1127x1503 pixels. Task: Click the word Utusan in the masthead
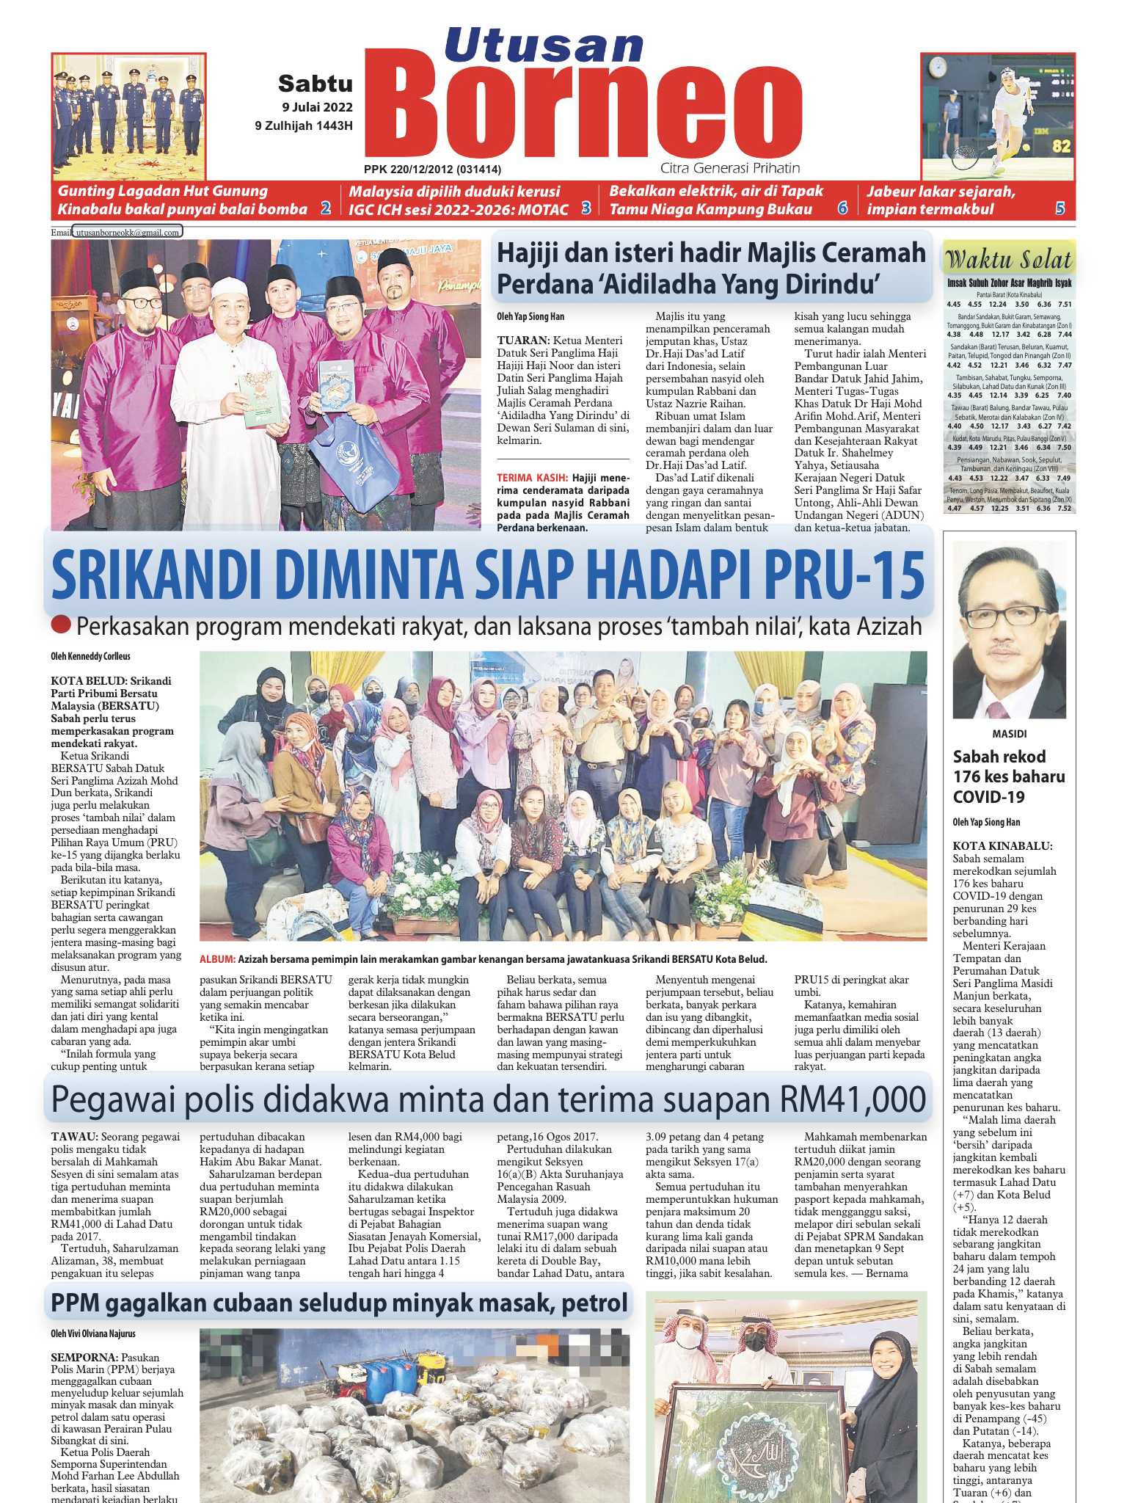click(544, 45)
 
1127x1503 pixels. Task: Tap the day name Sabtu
click(316, 84)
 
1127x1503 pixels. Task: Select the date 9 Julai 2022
click(317, 107)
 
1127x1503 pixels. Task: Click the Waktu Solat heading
click(1009, 260)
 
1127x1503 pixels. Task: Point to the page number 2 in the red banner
click(325, 209)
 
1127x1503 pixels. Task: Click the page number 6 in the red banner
click(842, 209)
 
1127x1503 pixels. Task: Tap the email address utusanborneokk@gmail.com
click(128, 233)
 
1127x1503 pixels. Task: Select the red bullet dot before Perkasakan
click(62, 625)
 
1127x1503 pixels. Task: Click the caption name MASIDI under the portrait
click(1009, 733)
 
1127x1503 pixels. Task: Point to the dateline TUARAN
click(523, 341)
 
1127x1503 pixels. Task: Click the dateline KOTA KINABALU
click(1002, 846)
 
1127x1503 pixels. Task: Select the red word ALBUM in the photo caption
click(217, 959)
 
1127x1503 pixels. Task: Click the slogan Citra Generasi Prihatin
click(730, 168)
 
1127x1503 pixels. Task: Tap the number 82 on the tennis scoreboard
click(1061, 146)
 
